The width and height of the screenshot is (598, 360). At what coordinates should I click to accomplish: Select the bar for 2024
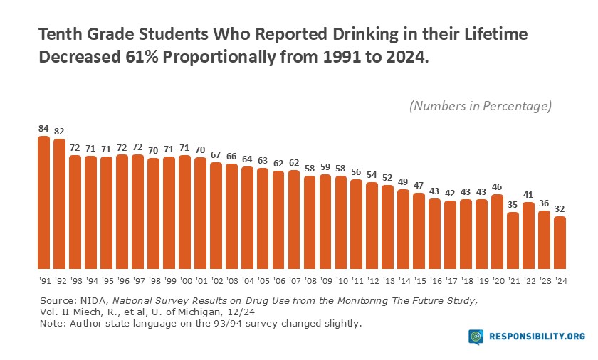(560, 240)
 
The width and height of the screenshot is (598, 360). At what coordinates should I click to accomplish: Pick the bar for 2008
(310, 220)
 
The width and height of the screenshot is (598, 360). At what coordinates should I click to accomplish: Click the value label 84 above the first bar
(43, 129)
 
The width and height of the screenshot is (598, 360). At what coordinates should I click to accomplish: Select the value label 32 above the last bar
(560, 210)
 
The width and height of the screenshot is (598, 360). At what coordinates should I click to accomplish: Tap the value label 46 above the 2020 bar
(498, 188)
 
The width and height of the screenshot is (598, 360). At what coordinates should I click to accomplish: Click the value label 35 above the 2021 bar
(513, 205)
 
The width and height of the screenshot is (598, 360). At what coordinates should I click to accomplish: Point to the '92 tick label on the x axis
(59, 281)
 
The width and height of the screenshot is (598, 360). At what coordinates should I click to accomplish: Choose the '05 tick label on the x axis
(263, 281)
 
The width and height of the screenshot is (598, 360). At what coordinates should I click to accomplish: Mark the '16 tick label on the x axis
(435, 281)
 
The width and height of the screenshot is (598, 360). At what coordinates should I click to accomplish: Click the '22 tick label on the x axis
(529, 281)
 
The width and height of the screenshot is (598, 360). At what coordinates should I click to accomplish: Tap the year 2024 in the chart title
(406, 58)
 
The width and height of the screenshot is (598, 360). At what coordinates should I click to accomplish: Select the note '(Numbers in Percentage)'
(481, 106)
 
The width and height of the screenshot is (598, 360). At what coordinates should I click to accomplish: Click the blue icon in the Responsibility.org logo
(476, 337)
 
